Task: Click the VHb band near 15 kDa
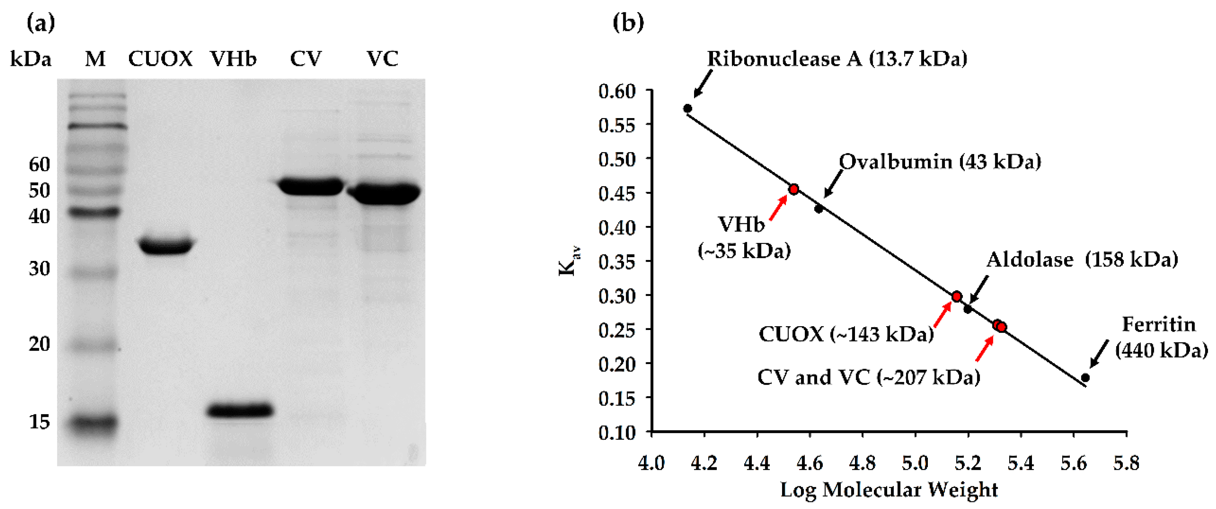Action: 240,410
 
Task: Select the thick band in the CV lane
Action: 311,186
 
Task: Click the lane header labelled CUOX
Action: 160,59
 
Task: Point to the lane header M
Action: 95,59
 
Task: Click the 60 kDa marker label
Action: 39,164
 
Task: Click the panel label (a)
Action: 41,23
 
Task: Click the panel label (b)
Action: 628,23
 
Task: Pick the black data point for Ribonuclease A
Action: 688,109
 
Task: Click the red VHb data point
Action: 794,190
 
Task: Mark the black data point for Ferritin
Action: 1085,377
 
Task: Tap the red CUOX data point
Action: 956,297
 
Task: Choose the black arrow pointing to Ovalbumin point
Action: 833,184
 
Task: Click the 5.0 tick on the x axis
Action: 915,463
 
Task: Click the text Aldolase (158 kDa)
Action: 1082,260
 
